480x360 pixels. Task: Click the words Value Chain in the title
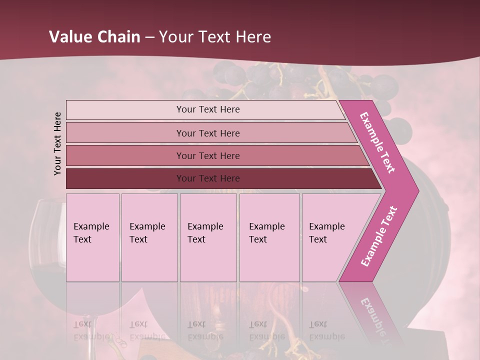94,37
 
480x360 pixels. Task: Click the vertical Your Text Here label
57,143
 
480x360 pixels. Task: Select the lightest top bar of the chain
125,110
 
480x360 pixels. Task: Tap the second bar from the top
125,133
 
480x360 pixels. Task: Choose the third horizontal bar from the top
125,155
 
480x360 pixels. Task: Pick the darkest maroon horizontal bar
125,178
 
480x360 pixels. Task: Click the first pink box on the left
92,237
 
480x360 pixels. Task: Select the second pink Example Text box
149,237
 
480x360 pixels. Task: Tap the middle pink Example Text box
208,237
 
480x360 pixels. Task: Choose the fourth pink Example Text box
269,237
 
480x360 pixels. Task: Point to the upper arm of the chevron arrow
378,142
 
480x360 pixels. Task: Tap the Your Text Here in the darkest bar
208,178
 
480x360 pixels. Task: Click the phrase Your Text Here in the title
215,37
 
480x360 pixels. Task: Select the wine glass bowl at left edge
47,240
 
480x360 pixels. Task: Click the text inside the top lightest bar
208,109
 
